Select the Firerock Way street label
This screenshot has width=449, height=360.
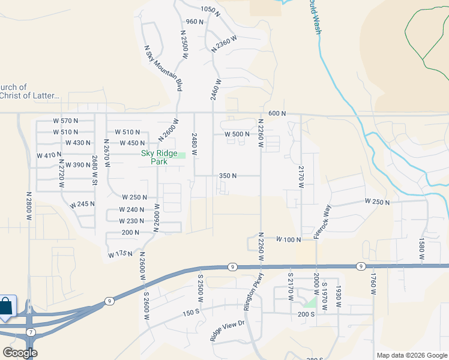pos(322,223)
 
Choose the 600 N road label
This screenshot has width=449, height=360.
pos(277,113)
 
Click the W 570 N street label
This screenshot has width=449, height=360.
pos(66,121)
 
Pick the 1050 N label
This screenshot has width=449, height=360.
pos(208,9)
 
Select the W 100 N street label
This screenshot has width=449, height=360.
pos(288,239)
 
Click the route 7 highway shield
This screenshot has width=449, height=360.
pos(31,332)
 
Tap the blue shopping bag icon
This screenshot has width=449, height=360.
pos(6,306)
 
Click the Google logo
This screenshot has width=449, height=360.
pos(20,353)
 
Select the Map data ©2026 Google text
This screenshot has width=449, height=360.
pos(412,355)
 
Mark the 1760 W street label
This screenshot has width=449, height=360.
pos(373,284)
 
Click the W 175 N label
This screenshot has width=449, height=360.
pos(120,255)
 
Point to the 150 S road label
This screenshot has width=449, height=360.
pos(191,313)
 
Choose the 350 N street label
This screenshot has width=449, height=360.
pos(228,176)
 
